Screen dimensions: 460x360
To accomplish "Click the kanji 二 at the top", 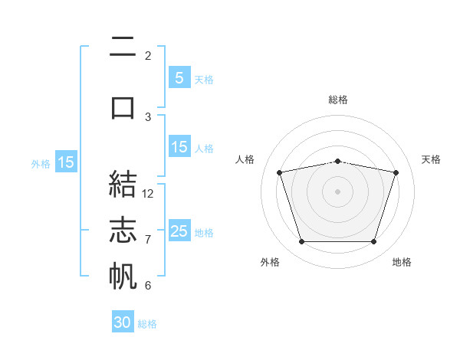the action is click(x=123, y=46).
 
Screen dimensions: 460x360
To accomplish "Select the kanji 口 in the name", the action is click(x=123, y=108).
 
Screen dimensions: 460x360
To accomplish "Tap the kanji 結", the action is click(x=123, y=184).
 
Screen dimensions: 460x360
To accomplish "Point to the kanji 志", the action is click(x=123, y=230).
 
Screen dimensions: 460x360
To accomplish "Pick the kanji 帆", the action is click(x=123, y=276).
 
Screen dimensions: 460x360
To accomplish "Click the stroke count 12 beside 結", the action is click(x=147, y=194).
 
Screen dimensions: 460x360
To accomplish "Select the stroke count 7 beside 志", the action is click(x=148, y=240).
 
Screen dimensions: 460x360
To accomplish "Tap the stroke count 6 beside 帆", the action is click(x=148, y=285).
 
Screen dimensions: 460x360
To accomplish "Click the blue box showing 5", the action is click(x=179, y=77).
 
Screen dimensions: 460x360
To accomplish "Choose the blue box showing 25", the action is click(x=179, y=231).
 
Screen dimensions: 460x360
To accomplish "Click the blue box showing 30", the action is click(x=123, y=322).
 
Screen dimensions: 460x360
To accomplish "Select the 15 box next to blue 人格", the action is click(x=179, y=146).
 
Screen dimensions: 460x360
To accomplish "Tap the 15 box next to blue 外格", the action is click(x=66, y=162).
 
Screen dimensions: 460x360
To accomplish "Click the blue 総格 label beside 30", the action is click(x=147, y=324).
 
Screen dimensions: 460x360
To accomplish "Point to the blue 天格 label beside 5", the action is click(x=204, y=80).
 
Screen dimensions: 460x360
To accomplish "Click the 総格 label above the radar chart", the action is click(x=338, y=100).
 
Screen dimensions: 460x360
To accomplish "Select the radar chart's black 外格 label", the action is click(x=270, y=262).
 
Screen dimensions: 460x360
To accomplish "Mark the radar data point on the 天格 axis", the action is click(x=396, y=172).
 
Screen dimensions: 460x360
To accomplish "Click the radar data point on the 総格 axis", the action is click(x=338, y=162).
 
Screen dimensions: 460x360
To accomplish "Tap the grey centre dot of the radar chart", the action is click(x=337, y=191).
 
